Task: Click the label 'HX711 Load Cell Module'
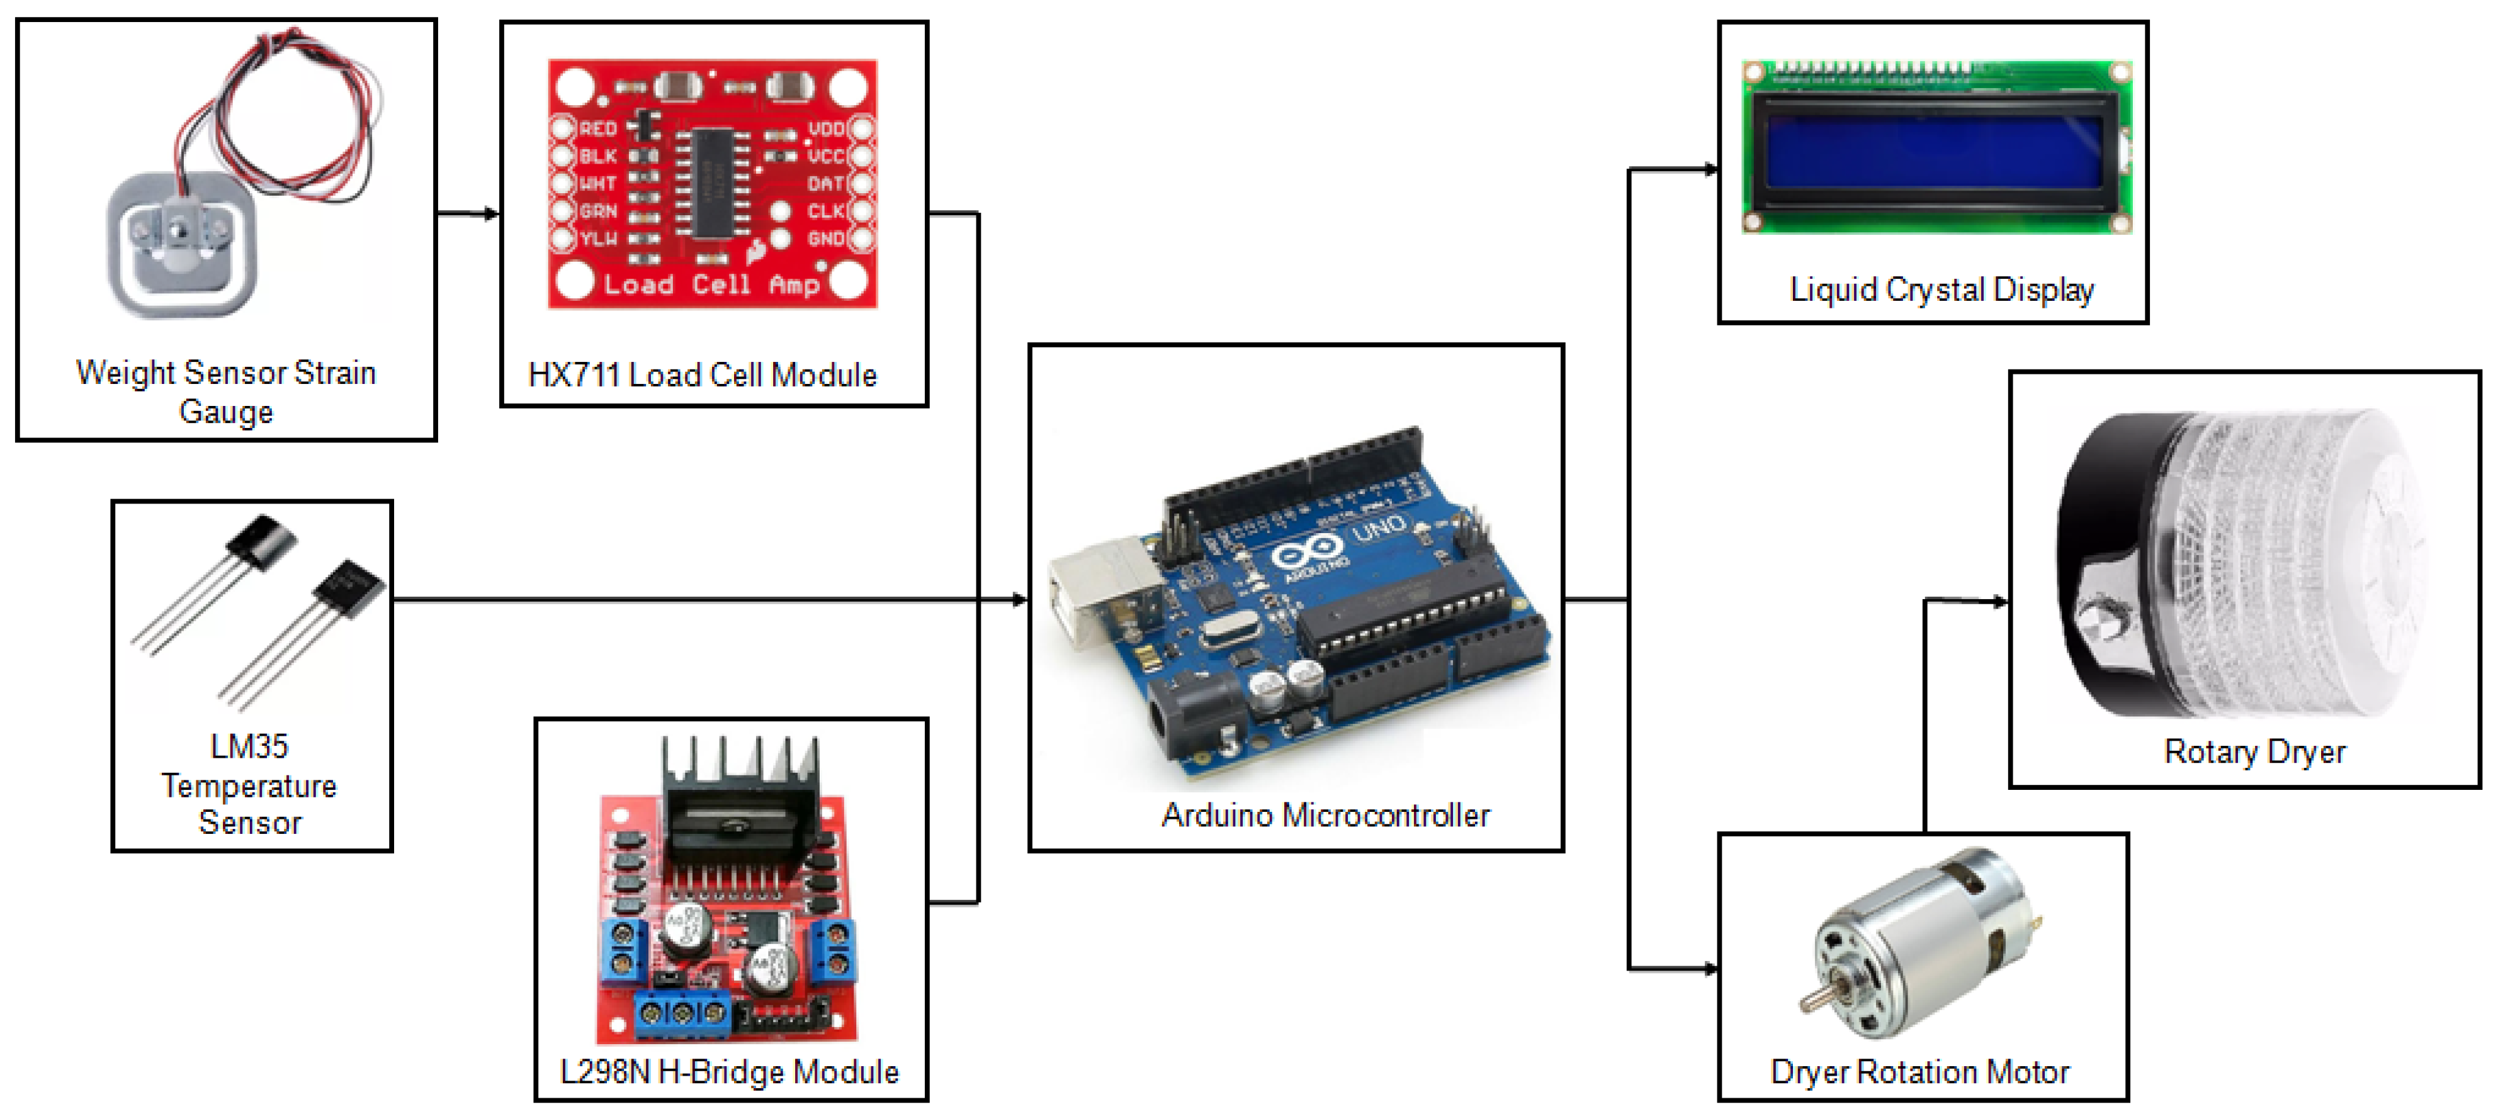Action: tap(702, 374)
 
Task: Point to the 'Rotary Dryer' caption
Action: tap(2254, 751)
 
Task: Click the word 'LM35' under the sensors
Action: tap(249, 746)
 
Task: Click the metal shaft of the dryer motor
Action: tap(1811, 999)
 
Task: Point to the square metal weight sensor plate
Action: tap(181, 244)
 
